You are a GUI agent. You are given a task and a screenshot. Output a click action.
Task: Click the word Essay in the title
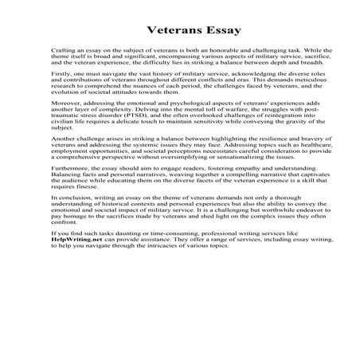click(x=208, y=25)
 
